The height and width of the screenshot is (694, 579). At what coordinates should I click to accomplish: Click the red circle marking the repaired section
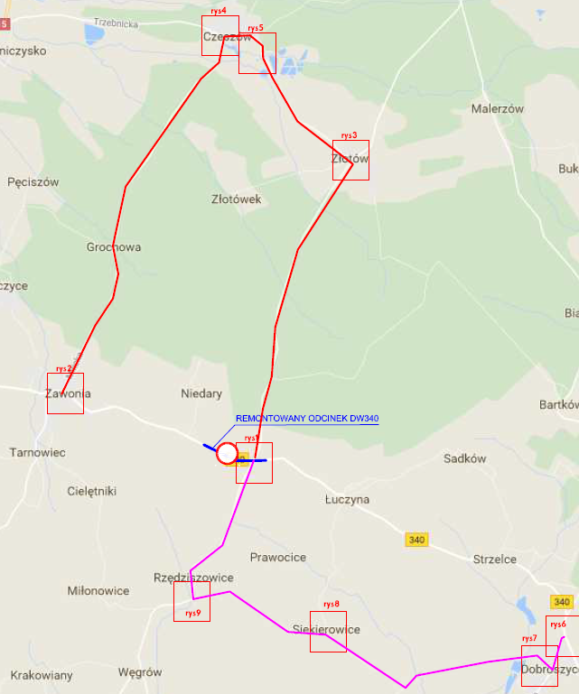pos(227,452)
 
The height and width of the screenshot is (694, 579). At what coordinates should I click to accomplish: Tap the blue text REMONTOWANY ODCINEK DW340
pos(307,419)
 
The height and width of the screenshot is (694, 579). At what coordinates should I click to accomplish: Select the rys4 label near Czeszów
pos(218,11)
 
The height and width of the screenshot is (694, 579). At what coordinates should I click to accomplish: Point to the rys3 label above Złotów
pos(349,135)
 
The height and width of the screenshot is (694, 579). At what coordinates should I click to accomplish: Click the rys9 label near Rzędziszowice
pos(191,613)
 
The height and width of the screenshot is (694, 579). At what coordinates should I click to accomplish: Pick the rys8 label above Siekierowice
pos(332,604)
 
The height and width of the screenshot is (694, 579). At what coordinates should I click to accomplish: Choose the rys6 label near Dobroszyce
pos(557,625)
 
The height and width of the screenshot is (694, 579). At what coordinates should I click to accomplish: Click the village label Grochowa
pos(114,247)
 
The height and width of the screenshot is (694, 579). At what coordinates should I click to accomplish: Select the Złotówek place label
pos(236,199)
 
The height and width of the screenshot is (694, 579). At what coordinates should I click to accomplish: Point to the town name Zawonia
pos(68,393)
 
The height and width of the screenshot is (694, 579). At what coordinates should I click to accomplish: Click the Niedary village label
pos(201,393)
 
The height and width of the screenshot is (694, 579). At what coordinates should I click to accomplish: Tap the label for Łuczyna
pos(348,498)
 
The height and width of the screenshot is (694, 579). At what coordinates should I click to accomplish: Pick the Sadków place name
pos(465,458)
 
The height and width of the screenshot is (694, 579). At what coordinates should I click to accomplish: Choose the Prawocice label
pos(278,557)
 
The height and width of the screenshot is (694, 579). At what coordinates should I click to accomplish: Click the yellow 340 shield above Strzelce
pos(416,540)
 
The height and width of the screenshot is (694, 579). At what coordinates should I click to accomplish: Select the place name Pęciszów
pos(33,181)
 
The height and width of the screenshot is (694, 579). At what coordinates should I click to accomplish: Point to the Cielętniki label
pos(92,491)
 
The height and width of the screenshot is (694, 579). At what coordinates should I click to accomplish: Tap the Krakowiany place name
pos(42,675)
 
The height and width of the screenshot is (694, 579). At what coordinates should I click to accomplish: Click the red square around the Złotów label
pos(350,160)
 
